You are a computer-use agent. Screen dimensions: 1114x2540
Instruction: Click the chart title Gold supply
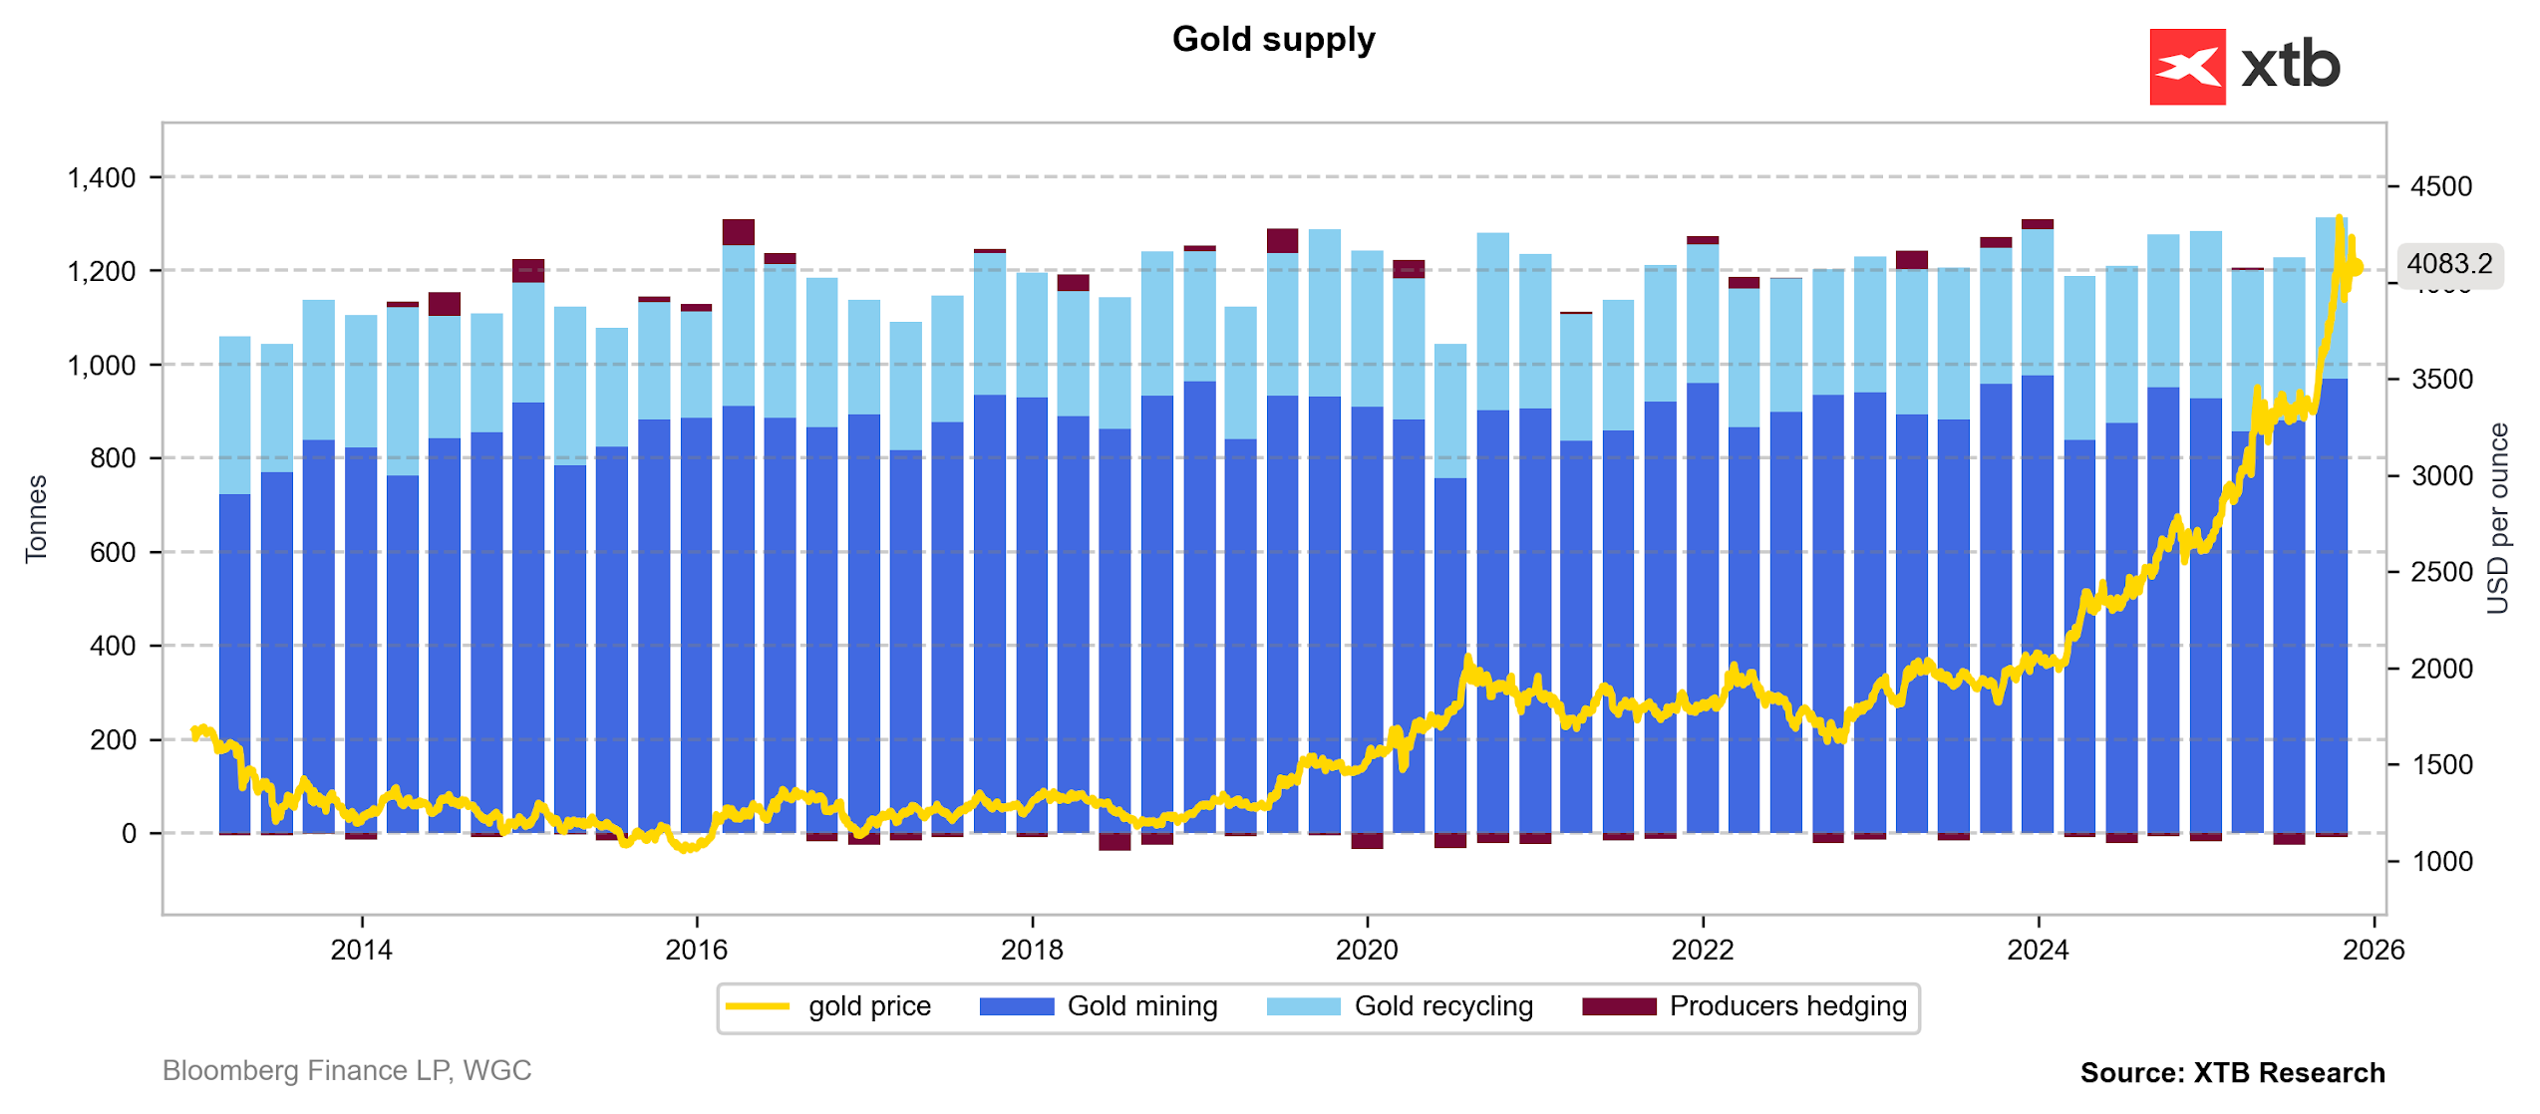coord(1273,39)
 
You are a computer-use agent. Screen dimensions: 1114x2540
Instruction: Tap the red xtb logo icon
coord(2187,67)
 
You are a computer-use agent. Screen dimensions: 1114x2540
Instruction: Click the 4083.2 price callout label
coord(2448,263)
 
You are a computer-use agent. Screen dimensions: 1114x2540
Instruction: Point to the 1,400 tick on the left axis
coord(101,178)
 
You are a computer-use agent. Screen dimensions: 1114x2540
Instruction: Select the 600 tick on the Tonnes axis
coord(113,553)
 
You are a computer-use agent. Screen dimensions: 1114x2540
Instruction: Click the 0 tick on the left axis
coord(129,834)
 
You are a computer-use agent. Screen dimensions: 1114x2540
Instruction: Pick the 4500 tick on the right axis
coord(2441,186)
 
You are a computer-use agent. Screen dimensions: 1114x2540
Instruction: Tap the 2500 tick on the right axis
coord(2441,573)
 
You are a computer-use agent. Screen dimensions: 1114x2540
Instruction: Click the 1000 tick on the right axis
coord(2441,862)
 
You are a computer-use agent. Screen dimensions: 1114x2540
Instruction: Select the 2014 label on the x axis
coord(361,951)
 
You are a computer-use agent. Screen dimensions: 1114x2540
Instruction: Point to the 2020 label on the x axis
coord(1367,951)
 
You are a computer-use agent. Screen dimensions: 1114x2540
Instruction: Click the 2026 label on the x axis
coord(2374,951)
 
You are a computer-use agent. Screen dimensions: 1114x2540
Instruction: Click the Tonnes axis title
coord(36,519)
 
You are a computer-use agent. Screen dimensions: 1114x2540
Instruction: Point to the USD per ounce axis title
coord(2497,519)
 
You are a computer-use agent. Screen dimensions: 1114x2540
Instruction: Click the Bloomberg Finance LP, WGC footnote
coord(347,1071)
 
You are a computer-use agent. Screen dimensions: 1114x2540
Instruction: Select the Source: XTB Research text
coord(2232,1073)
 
